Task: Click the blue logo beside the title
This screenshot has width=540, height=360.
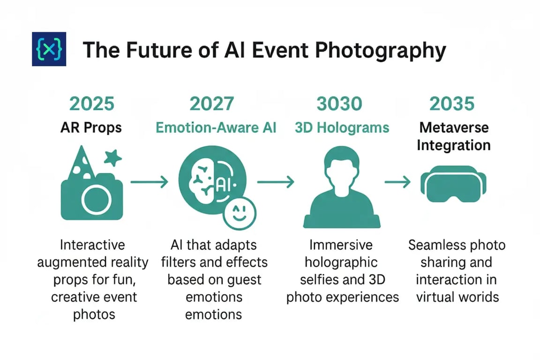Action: pos(49,49)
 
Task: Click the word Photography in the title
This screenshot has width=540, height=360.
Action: pos(381,51)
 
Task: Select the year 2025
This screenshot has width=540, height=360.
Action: pos(91,104)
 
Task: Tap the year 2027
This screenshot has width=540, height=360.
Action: pos(212,104)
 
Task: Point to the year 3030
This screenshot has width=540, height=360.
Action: pos(339,104)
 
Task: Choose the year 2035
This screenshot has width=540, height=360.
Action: pos(452,104)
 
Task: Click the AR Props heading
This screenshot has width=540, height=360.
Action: pos(91,128)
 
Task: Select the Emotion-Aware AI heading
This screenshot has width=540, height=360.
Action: pos(216,128)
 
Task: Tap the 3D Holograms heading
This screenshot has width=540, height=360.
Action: pos(342,128)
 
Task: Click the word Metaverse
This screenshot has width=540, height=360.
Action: pos(454,127)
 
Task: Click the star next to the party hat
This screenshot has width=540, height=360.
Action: pos(113,158)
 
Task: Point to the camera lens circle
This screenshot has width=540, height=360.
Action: pos(97,200)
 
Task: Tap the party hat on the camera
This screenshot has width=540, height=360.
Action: pos(81,162)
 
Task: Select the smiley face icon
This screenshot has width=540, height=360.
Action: pos(240,213)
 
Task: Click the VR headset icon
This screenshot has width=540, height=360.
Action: pos(453,184)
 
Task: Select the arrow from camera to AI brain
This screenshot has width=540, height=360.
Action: pos(150,181)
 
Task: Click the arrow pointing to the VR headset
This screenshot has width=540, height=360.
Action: pos(398,181)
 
